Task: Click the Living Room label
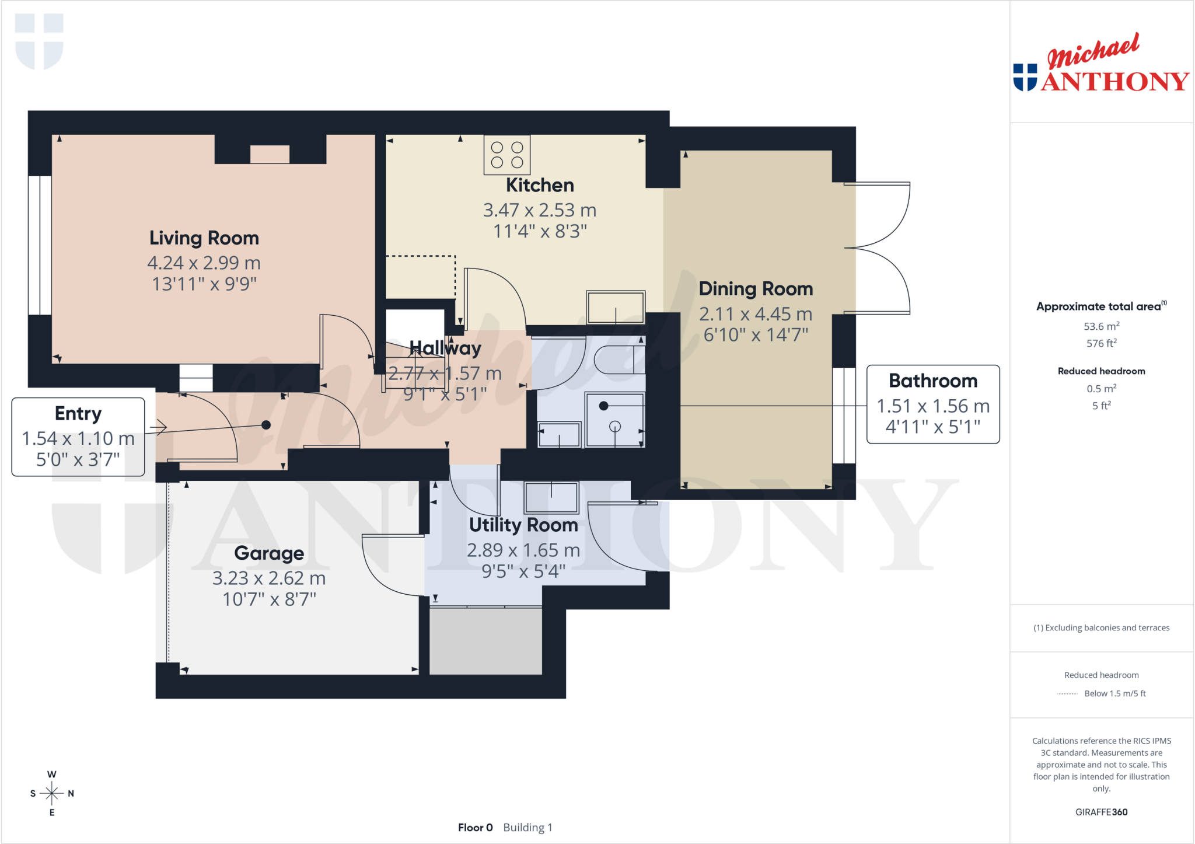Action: coord(204,238)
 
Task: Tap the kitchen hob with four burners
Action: coord(507,155)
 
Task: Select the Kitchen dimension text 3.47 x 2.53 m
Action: coord(540,210)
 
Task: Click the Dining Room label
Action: coord(756,289)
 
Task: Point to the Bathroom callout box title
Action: coord(933,381)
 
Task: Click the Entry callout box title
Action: coord(78,414)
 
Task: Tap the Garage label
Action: coord(269,553)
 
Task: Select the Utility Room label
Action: coord(523,525)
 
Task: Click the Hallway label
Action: coord(445,348)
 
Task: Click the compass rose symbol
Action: coord(52,793)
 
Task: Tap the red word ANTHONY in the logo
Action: coord(1115,82)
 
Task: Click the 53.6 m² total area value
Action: coord(1102,326)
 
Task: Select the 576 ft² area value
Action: coord(1102,343)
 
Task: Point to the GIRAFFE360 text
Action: coord(1102,812)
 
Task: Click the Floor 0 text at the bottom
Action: coord(476,828)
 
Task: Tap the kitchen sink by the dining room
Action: coord(616,307)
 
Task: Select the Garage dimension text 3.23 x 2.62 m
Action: coord(269,578)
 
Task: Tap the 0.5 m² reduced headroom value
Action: coord(1102,389)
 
